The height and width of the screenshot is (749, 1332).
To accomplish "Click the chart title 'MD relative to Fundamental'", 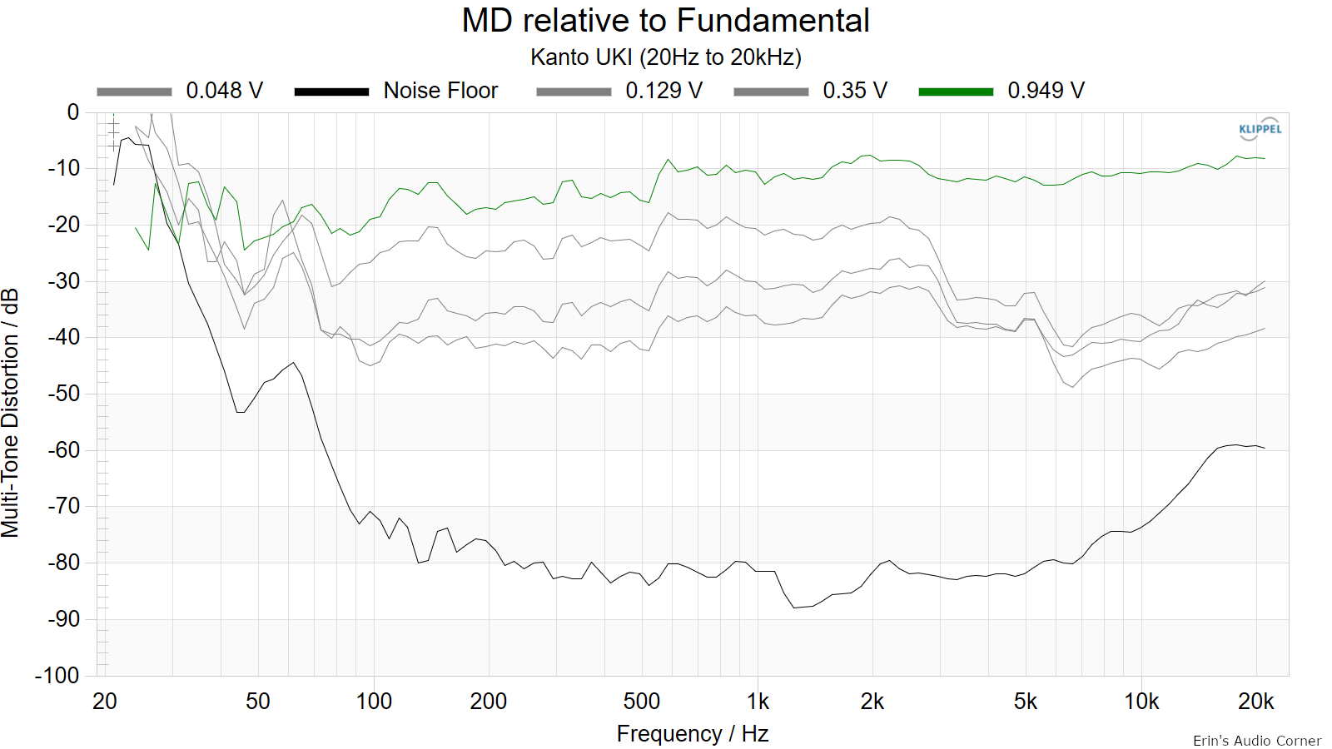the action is click(x=665, y=20).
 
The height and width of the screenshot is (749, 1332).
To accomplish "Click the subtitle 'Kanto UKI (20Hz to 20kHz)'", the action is click(x=665, y=57).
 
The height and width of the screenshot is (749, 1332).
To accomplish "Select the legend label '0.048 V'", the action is click(x=224, y=91).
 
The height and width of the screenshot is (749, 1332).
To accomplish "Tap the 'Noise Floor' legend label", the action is click(x=440, y=91).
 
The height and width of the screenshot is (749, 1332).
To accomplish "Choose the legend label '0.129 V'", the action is click(x=664, y=91).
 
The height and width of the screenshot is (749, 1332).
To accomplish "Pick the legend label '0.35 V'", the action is click(x=855, y=91).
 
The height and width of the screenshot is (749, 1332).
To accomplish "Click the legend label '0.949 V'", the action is click(x=1046, y=91).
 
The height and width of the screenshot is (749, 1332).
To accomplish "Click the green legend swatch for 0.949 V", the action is click(x=957, y=92).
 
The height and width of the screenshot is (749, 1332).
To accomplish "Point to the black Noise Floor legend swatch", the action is click(x=332, y=92).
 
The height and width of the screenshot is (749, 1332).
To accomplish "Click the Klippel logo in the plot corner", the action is click(x=1260, y=129).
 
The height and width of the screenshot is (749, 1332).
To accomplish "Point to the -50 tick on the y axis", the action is click(x=63, y=394).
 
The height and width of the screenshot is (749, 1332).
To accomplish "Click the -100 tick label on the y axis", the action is click(x=57, y=676).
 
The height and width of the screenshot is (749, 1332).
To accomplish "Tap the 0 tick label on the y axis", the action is click(x=73, y=112).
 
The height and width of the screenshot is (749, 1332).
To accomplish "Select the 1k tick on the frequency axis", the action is click(x=758, y=702).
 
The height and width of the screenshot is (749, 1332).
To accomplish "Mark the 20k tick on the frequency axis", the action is click(x=1256, y=702).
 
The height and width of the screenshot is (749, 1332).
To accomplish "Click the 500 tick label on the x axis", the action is click(x=642, y=702).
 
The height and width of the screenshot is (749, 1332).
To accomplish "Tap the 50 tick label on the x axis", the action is click(x=257, y=702).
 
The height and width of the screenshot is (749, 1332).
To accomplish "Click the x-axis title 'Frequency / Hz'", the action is click(x=693, y=734).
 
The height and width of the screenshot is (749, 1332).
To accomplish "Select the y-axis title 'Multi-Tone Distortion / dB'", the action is click(x=10, y=414).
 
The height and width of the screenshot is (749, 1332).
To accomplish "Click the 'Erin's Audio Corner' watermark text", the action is click(x=1257, y=741).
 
